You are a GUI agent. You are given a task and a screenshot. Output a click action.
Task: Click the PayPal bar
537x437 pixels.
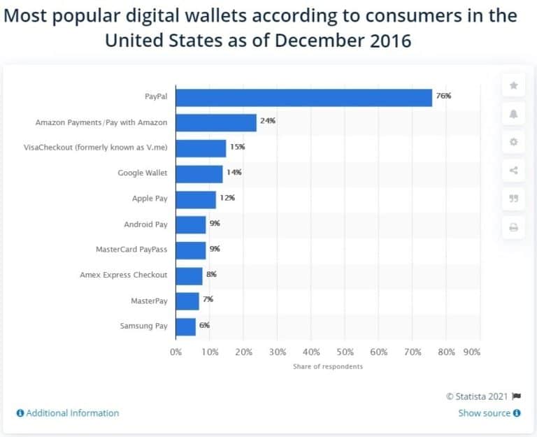pyautogui.click(x=303, y=96)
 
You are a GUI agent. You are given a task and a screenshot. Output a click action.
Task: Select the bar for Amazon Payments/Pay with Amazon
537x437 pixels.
pyautogui.click(x=216, y=122)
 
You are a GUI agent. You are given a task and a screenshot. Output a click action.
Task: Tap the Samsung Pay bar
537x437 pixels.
pyautogui.click(x=186, y=326)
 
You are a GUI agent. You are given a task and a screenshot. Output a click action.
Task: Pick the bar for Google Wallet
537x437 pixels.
pyautogui.click(x=199, y=173)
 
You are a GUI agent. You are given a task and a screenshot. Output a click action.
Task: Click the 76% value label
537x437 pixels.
pyautogui.click(x=443, y=96)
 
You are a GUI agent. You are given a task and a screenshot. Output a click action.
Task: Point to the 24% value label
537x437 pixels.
pyautogui.click(x=268, y=121)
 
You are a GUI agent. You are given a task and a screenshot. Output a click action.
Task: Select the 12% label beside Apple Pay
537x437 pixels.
pyautogui.click(x=227, y=198)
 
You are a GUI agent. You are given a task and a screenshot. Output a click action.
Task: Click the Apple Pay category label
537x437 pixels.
pyautogui.click(x=150, y=199)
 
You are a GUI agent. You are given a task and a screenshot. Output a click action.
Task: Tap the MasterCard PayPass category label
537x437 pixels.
pyautogui.click(x=131, y=249)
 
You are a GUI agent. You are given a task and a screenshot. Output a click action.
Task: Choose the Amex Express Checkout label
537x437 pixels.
pyautogui.click(x=124, y=275)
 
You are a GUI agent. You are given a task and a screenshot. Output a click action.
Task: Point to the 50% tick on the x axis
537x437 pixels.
pyautogui.click(x=345, y=352)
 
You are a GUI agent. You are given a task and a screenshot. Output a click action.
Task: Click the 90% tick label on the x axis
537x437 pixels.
pyautogui.click(x=472, y=352)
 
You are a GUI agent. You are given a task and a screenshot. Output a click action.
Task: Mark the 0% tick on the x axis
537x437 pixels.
pyautogui.click(x=176, y=352)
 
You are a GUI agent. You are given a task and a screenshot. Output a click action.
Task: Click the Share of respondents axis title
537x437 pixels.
pyautogui.click(x=327, y=366)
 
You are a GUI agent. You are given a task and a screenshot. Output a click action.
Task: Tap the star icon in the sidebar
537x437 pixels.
pyautogui.click(x=514, y=85)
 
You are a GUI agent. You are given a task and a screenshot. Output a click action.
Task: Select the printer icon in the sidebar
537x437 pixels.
pyautogui.click(x=514, y=227)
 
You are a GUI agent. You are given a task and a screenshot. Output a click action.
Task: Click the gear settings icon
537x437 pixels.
pyautogui.click(x=514, y=142)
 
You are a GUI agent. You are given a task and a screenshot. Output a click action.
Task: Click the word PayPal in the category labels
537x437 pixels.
pyautogui.click(x=155, y=97)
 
